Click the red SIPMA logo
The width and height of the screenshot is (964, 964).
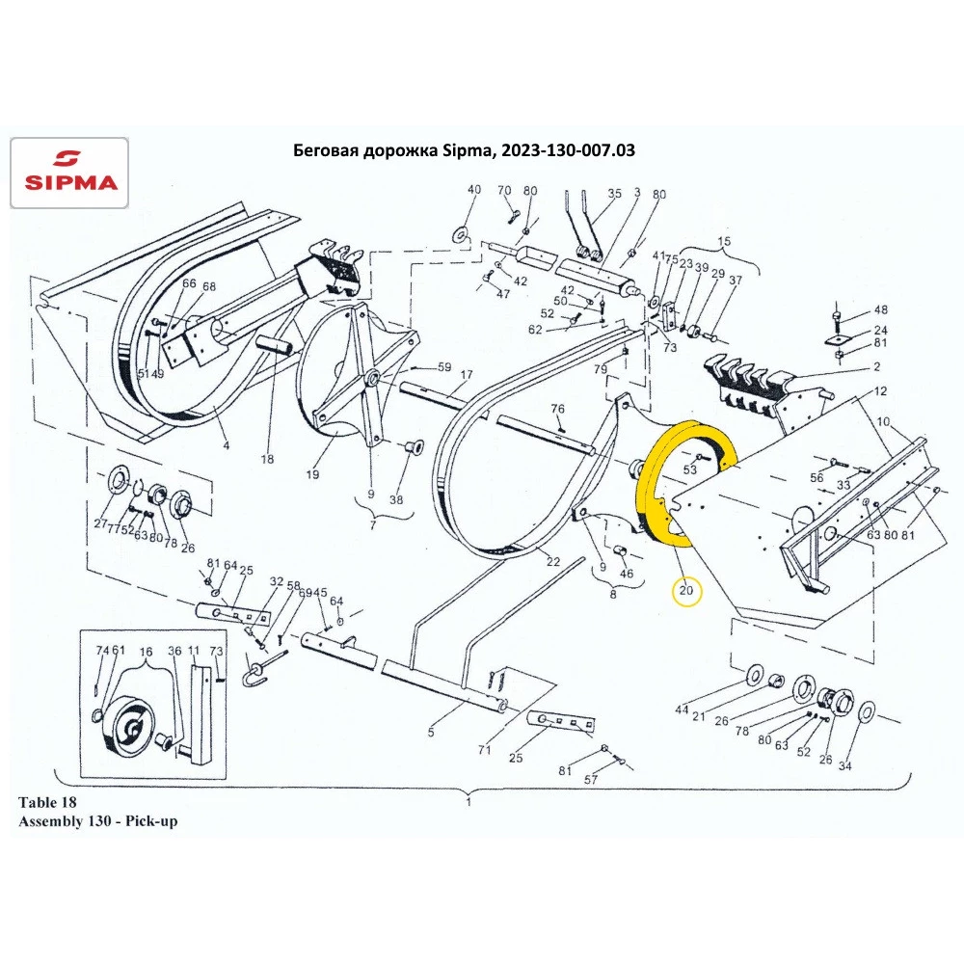pyautogui.click(x=68, y=173)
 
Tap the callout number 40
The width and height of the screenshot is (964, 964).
pyautogui.click(x=473, y=190)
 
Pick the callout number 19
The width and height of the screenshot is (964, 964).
pyautogui.click(x=311, y=474)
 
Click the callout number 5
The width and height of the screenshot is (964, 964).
pyautogui.click(x=430, y=733)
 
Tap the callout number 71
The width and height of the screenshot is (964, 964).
pyautogui.click(x=485, y=750)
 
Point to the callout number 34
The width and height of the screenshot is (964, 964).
pyautogui.click(x=845, y=766)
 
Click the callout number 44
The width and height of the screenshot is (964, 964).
pyautogui.click(x=683, y=710)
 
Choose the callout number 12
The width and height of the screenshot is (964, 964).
pyautogui.click(x=880, y=392)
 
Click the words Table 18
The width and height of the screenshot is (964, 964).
pyautogui.click(x=47, y=801)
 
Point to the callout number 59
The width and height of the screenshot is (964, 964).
pyautogui.click(x=443, y=367)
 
